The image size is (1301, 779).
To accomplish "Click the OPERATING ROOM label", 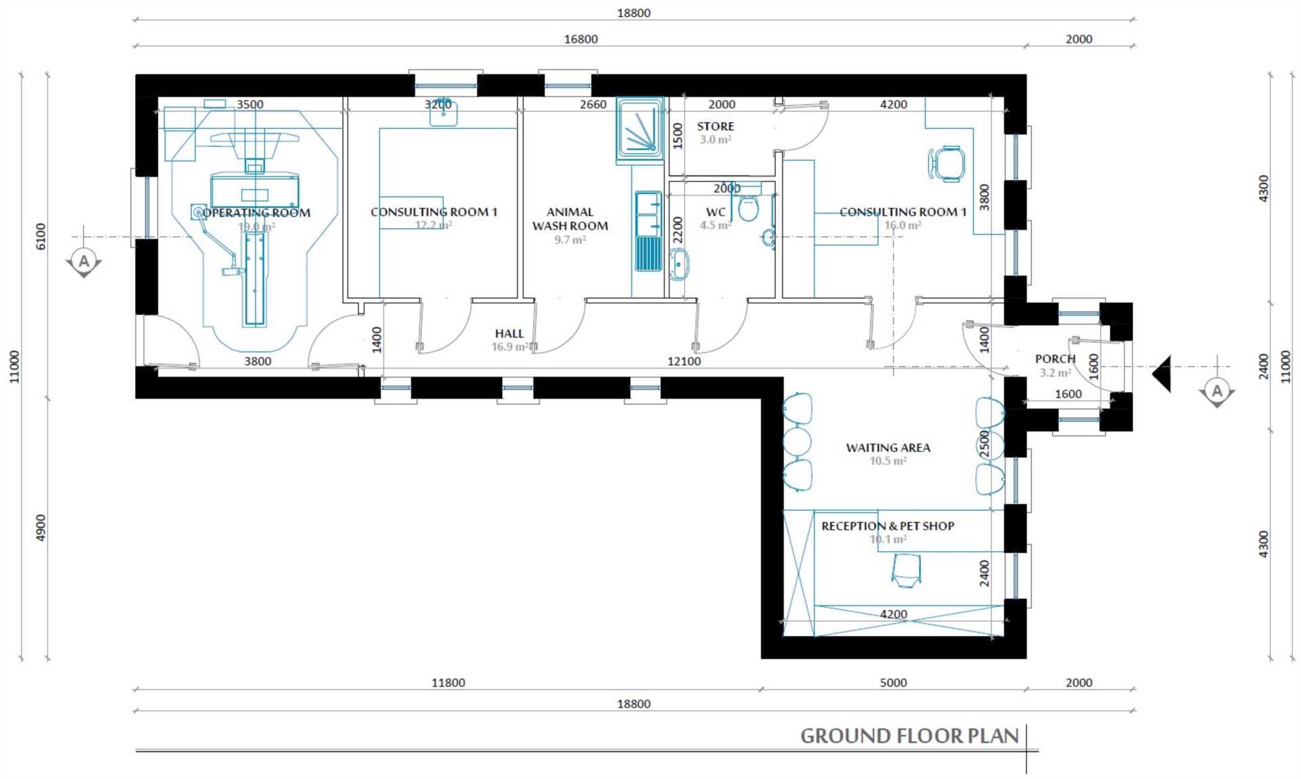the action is click(x=256, y=213).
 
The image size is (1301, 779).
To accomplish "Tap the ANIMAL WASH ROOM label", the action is click(x=570, y=219).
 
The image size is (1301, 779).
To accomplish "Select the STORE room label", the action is click(x=716, y=127).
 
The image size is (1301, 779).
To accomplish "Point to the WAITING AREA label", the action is click(x=888, y=448).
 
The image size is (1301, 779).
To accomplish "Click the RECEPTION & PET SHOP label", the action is click(x=888, y=526).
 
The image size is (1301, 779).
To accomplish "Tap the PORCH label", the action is click(x=1055, y=359).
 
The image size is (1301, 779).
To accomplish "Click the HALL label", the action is click(x=509, y=333).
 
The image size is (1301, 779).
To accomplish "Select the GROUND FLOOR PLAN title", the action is click(x=909, y=736).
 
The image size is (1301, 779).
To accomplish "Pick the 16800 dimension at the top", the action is click(x=581, y=39).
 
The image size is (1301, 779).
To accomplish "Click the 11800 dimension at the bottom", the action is click(x=448, y=683).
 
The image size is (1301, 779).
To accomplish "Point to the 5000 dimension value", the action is click(x=893, y=683).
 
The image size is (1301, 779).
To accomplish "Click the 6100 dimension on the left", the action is click(x=41, y=236).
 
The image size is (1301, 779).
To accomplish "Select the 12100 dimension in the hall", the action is click(x=684, y=362).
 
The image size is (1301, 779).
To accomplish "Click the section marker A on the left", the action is click(x=84, y=262).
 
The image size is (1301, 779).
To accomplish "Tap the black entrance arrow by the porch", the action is click(x=1161, y=374).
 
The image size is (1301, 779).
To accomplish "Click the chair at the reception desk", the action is click(x=906, y=569).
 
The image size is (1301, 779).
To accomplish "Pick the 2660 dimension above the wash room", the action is click(x=593, y=105).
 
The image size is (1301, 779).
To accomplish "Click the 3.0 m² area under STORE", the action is click(x=716, y=140).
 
